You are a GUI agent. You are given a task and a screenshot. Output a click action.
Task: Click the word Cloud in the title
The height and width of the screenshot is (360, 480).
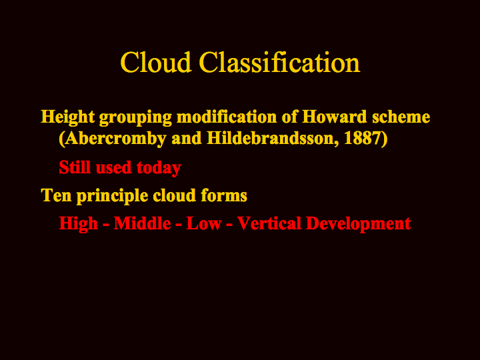156,62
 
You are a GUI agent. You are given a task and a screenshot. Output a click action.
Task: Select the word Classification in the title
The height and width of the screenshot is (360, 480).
279,62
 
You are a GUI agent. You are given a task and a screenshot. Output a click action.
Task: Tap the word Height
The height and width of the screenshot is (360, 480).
68,117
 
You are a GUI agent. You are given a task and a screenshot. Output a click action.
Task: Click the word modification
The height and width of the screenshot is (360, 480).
227,117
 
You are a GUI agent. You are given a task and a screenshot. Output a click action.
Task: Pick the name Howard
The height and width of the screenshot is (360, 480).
335,117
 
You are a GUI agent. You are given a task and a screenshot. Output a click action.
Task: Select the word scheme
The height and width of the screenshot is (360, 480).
401,117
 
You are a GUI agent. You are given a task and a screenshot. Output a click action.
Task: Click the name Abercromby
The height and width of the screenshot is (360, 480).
113,139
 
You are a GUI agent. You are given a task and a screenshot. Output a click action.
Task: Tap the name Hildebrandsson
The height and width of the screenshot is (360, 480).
273,138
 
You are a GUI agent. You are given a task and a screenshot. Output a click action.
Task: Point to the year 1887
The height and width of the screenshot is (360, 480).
362,138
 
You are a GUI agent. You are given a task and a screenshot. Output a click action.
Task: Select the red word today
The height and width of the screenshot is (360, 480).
159,168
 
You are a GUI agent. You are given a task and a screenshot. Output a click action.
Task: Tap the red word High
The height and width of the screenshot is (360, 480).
79,224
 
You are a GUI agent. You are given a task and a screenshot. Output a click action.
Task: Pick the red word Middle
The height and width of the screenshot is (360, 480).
142,223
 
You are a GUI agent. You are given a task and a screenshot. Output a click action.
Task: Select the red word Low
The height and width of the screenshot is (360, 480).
204,223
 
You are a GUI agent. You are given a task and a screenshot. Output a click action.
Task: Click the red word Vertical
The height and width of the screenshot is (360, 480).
269,223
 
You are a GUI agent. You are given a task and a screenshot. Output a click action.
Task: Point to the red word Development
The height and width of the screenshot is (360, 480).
359,224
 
